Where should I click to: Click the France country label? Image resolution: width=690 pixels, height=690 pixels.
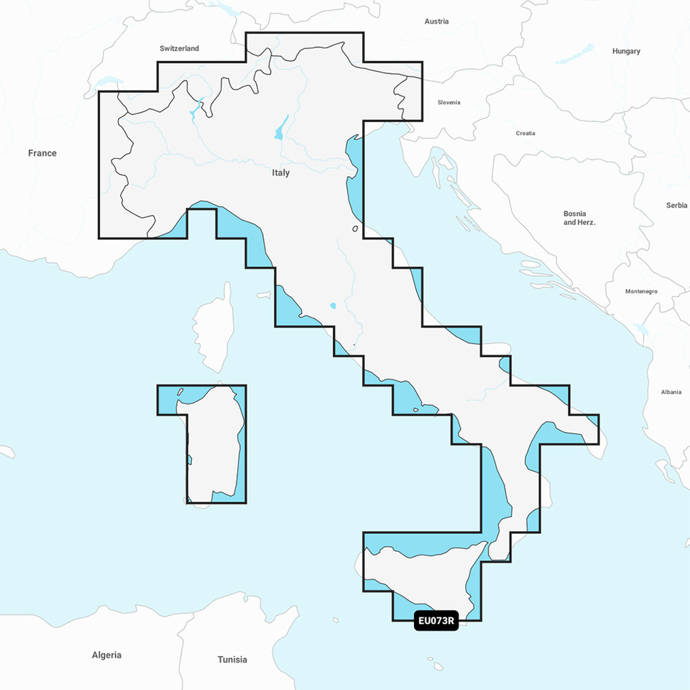pyautogui.click(x=42, y=153)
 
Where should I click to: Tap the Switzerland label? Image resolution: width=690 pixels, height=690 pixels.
pyautogui.click(x=179, y=49)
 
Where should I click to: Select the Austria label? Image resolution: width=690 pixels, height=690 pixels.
pyautogui.click(x=436, y=22)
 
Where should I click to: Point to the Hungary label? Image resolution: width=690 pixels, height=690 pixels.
pyautogui.click(x=626, y=52)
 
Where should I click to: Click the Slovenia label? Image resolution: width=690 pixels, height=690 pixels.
pyautogui.click(x=448, y=103)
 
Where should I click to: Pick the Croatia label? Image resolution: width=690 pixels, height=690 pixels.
pyautogui.click(x=525, y=134)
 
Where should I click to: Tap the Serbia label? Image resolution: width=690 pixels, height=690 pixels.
pyautogui.click(x=676, y=206)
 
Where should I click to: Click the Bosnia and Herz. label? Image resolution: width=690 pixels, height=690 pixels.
pyautogui.click(x=579, y=218)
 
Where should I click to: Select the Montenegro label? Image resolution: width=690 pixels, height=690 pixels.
pyautogui.click(x=642, y=291)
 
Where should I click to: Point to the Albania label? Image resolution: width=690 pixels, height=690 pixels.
pyautogui.click(x=671, y=392)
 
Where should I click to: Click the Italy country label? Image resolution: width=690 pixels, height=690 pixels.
pyautogui.click(x=281, y=173)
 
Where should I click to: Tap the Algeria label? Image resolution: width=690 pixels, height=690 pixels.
pyautogui.click(x=106, y=655)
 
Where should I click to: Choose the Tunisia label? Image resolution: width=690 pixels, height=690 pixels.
pyautogui.click(x=232, y=660)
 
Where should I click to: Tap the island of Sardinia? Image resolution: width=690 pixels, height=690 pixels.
pyautogui.click(x=213, y=442)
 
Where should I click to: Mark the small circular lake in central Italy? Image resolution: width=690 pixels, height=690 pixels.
pyautogui.click(x=333, y=305)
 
